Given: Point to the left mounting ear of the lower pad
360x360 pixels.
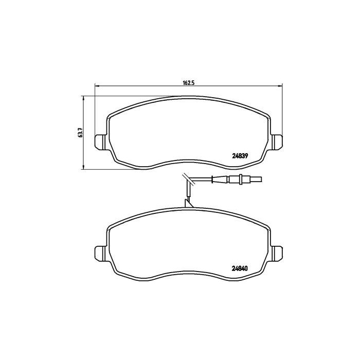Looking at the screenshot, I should click(x=100, y=253).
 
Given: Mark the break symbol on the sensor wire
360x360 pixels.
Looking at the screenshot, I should click(x=186, y=179).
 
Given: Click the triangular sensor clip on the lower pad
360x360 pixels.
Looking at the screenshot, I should click(x=189, y=204).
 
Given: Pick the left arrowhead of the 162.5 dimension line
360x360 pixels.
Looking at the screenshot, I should click(x=96, y=86).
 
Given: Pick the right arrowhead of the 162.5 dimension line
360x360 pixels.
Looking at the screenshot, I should click(x=281, y=86).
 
